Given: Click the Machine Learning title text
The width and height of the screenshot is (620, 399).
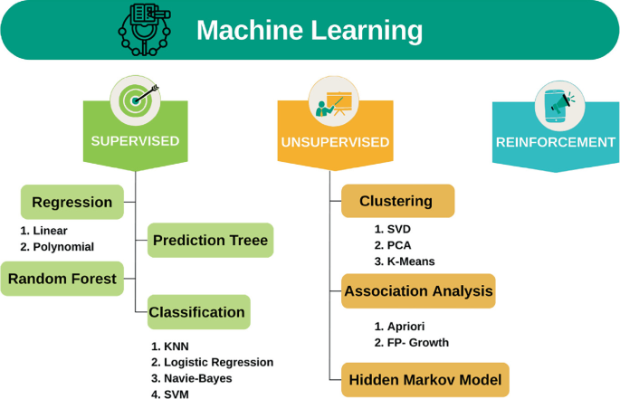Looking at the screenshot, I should pos(309,31).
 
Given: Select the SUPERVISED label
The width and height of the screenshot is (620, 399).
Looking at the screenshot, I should pos(135,141).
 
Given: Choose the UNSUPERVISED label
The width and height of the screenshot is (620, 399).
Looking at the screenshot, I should pos(335,142).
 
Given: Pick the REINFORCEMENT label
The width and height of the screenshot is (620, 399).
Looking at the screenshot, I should pos(556,142).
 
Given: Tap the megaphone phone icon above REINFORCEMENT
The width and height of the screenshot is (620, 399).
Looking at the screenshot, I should pos(556,103).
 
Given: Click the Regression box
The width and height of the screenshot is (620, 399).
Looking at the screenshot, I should pos(72,202).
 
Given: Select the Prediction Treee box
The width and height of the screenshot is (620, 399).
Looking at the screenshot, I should pos(210,241).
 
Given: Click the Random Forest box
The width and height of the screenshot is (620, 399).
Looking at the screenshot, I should pos(62,279).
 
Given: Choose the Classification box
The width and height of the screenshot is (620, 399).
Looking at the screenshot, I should pos(197,312).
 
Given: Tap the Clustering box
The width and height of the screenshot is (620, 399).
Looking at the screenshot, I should pos(396,201).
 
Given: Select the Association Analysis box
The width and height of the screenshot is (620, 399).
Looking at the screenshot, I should pos(418,291).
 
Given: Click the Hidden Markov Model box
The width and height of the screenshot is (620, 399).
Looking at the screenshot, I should pos(425,379).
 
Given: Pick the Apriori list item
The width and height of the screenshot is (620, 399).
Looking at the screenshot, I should pos(405,326).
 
